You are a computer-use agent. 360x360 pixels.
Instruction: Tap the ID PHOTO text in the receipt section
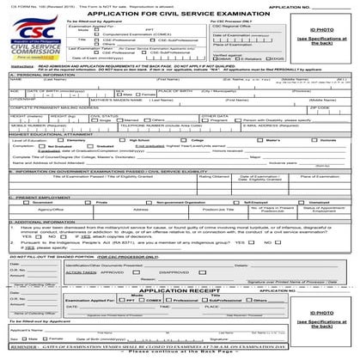327,320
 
